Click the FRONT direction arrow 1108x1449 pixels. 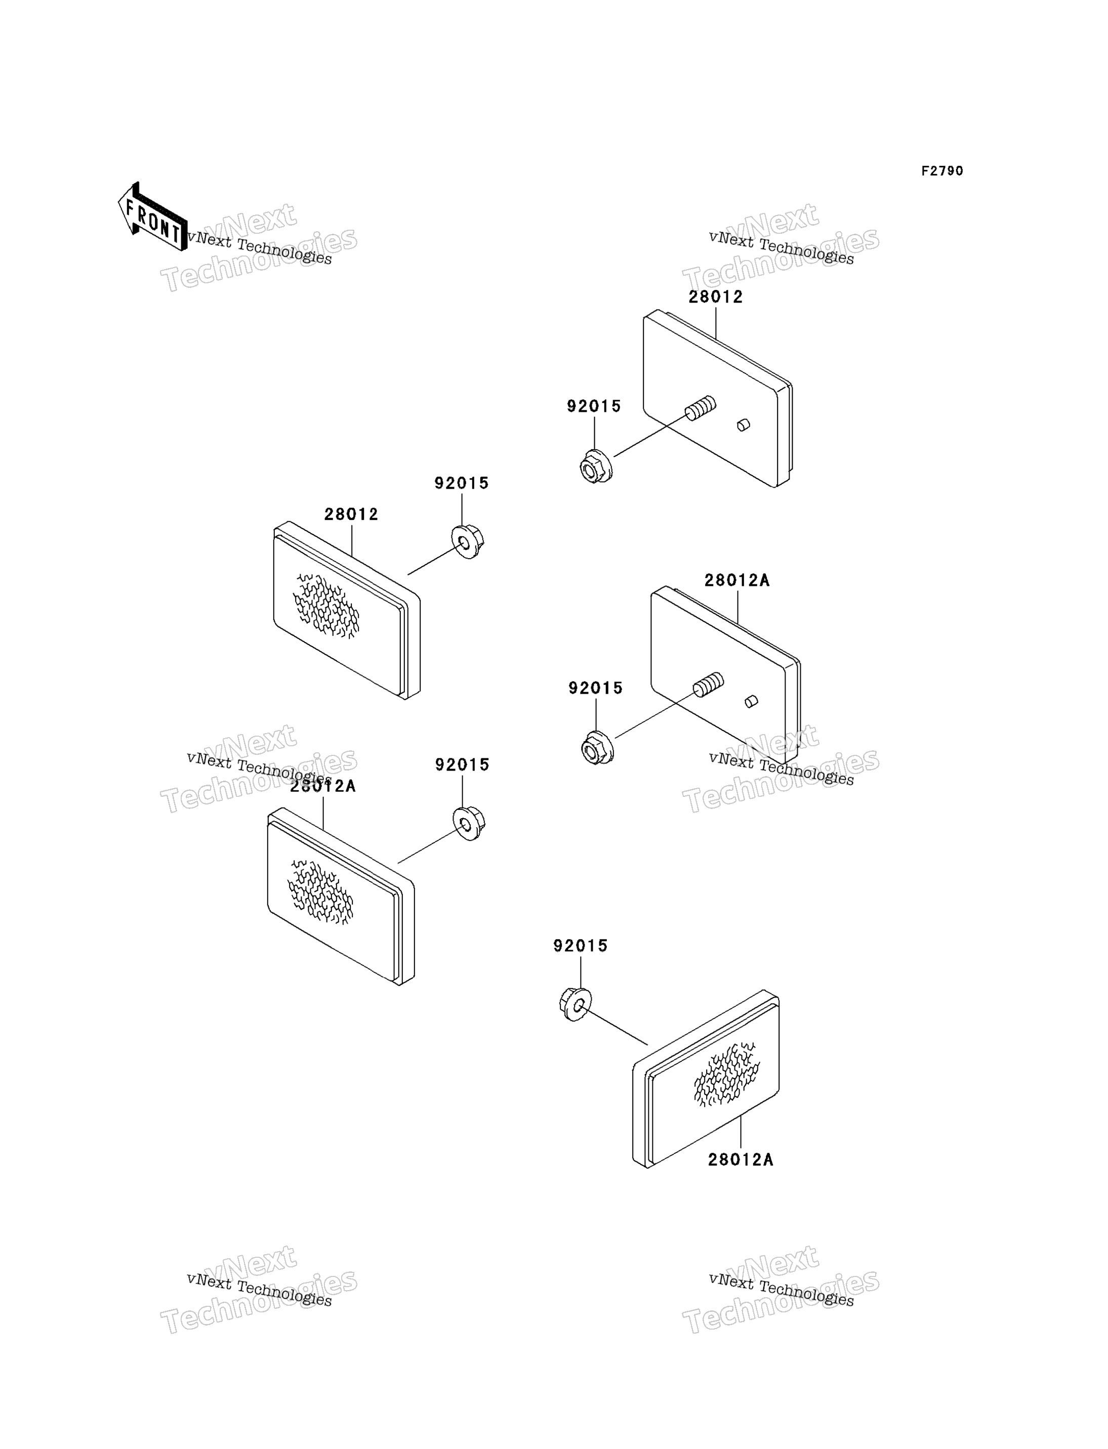coord(152,217)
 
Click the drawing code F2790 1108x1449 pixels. coord(942,171)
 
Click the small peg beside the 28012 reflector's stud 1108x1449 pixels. coord(743,425)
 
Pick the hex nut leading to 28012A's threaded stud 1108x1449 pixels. coord(597,748)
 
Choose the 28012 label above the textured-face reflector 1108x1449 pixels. coord(351,514)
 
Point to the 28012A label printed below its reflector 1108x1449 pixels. coord(740,1160)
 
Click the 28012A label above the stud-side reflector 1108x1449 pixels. coord(736,580)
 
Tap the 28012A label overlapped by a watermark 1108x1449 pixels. coord(323,786)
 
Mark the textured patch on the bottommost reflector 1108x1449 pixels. coord(726,1075)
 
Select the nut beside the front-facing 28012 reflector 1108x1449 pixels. coord(468,542)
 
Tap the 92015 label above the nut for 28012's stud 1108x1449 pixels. coord(594,406)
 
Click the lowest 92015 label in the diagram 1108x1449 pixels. coord(581,946)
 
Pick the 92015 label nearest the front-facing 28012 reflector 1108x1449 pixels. coord(462,483)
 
